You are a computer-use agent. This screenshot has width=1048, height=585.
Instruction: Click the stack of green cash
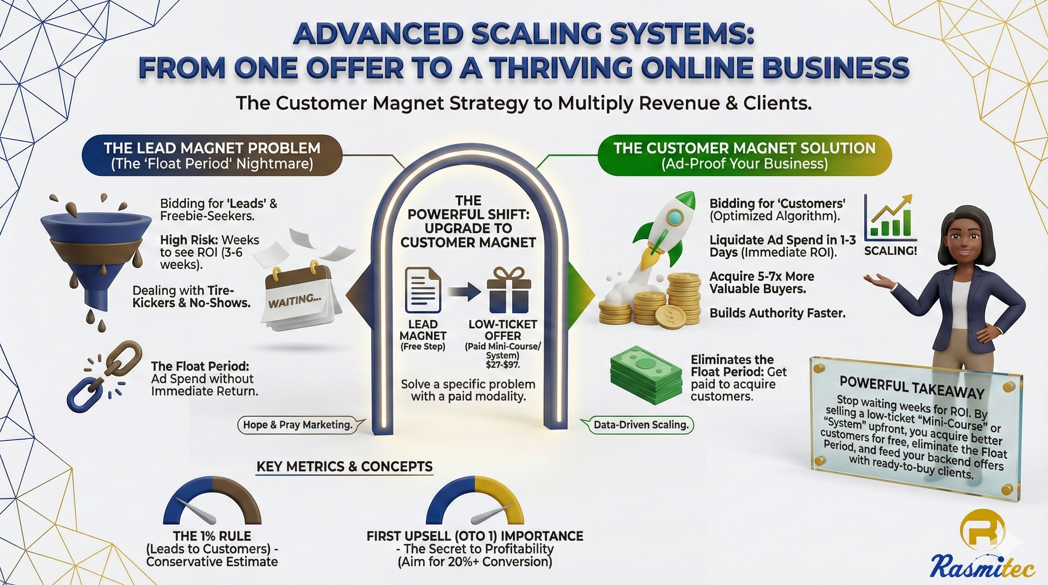[x=646, y=375]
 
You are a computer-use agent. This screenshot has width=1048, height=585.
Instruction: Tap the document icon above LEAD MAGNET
[x=423, y=290]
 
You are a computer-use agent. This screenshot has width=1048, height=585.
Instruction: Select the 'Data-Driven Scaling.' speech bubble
[x=638, y=425]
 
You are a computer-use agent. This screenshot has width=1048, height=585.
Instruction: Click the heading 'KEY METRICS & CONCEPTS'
[x=345, y=466]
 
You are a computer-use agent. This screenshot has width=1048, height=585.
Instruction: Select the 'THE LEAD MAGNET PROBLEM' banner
[x=212, y=155]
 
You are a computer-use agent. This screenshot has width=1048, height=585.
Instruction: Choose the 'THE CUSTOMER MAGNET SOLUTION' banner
[x=744, y=155]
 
